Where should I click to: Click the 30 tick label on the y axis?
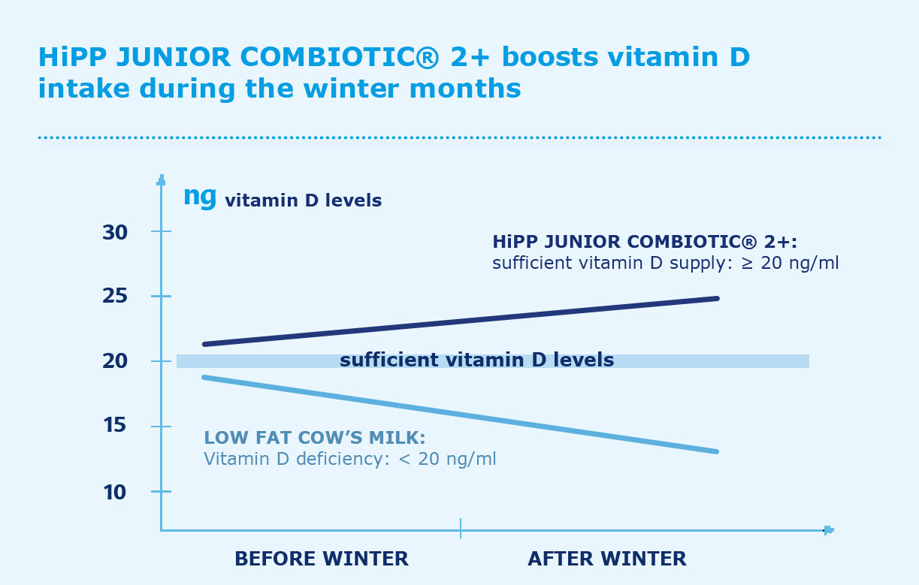115,233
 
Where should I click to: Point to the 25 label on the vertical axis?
115,296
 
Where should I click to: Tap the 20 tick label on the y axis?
115,361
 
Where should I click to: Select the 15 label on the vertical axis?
115,425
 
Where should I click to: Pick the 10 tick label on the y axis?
115,493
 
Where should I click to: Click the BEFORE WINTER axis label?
322,559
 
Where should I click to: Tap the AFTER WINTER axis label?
607,559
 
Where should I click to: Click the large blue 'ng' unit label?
200,198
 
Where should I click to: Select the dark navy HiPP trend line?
461,321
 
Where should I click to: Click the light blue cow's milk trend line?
461,414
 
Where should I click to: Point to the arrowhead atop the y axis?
162,179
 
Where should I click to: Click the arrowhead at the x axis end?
829,530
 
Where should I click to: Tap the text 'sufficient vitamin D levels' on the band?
476,360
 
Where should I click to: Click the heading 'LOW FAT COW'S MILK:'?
315,438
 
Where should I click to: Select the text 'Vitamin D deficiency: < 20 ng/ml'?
350,459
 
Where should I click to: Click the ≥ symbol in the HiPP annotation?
747,263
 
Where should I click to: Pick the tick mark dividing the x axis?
461,528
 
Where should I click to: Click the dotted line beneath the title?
460,137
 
